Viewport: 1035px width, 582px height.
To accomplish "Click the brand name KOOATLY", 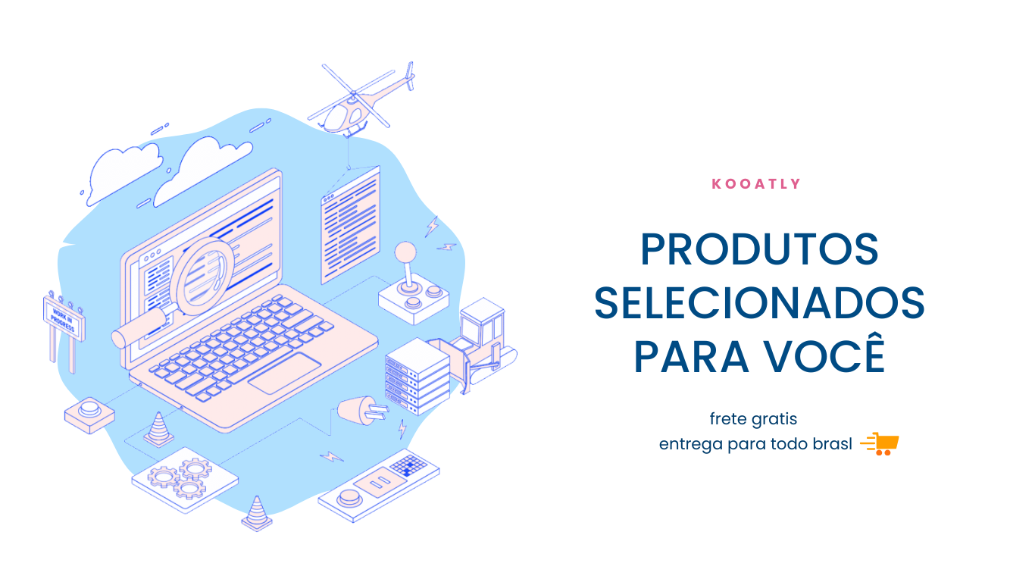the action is pos(756,184).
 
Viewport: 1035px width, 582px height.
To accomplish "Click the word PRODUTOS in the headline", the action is pos(759,249).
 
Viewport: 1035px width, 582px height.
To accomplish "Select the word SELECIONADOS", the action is pos(759,303).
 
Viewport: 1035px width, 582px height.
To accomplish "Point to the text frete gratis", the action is pos(753,419).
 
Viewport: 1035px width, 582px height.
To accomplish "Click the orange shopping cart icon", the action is pos(879,444).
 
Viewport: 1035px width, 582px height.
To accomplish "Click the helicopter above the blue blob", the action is pos(361,99).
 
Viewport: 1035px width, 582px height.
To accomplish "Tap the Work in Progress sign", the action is pos(64,318).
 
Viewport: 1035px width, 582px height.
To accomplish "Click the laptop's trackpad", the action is pos(285,374).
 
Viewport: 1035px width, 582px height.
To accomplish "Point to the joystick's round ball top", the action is pos(405,252).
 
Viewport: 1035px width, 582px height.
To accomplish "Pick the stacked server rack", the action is pos(417,376).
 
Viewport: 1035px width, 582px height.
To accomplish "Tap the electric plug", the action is pos(363,411).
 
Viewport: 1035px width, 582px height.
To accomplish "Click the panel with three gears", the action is pos(185,480).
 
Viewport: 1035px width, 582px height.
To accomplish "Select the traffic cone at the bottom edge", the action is pos(257,513).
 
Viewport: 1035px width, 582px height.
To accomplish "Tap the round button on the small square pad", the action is pos(89,408).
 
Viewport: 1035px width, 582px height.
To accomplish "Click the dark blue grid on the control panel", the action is pos(408,465).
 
